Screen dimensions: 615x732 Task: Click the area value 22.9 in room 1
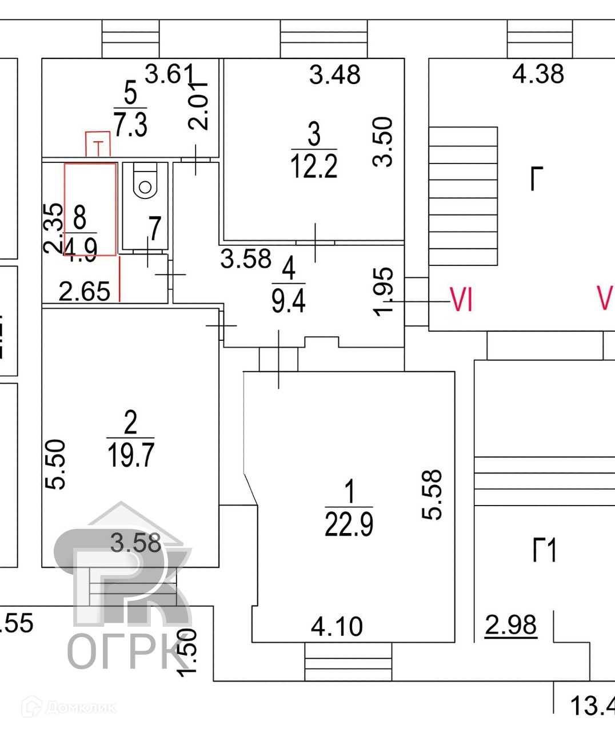pyautogui.click(x=349, y=524)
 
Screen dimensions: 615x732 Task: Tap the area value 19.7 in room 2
pyautogui.click(x=131, y=455)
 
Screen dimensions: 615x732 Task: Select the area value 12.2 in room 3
pyautogui.click(x=314, y=166)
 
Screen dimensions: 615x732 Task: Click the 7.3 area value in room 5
pyautogui.click(x=130, y=124)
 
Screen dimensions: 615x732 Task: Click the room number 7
pyautogui.click(x=154, y=228)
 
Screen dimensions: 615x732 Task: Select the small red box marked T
pyautogui.click(x=98, y=144)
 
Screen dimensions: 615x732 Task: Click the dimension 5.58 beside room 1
pyautogui.click(x=433, y=494)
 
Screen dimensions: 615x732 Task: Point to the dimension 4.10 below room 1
pyautogui.click(x=337, y=627)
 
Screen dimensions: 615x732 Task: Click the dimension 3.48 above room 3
pyautogui.click(x=335, y=75)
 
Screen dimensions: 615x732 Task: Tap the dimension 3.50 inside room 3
pyautogui.click(x=384, y=141)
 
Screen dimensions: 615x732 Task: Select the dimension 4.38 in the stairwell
pyautogui.click(x=538, y=74)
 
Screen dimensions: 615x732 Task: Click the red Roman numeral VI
pyautogui.click(x=462, y=299)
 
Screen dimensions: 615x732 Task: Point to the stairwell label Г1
pyautogui.click(x=544, y=550)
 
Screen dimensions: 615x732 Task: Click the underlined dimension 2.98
pyautogui.click(x=511, y=625)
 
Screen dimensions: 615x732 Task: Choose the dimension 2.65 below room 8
pyautogui.click(x=85, y=292)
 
